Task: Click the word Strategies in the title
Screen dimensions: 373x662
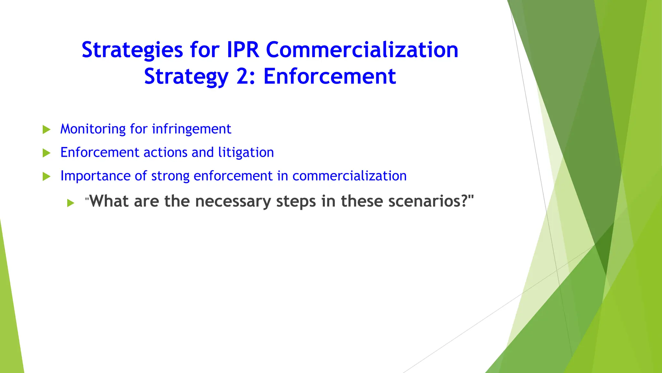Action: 132,51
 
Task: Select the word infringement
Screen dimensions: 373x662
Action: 191,129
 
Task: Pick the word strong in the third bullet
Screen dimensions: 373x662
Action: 170,176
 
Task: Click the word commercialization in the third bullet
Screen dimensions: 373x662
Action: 349,176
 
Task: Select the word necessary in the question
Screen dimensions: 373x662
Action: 233,202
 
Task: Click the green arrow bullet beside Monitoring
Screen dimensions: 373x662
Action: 47,130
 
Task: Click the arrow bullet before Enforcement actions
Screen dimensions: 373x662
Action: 47,153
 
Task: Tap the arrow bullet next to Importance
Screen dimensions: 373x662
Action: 47,177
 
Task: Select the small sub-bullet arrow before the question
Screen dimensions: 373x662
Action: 71,203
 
